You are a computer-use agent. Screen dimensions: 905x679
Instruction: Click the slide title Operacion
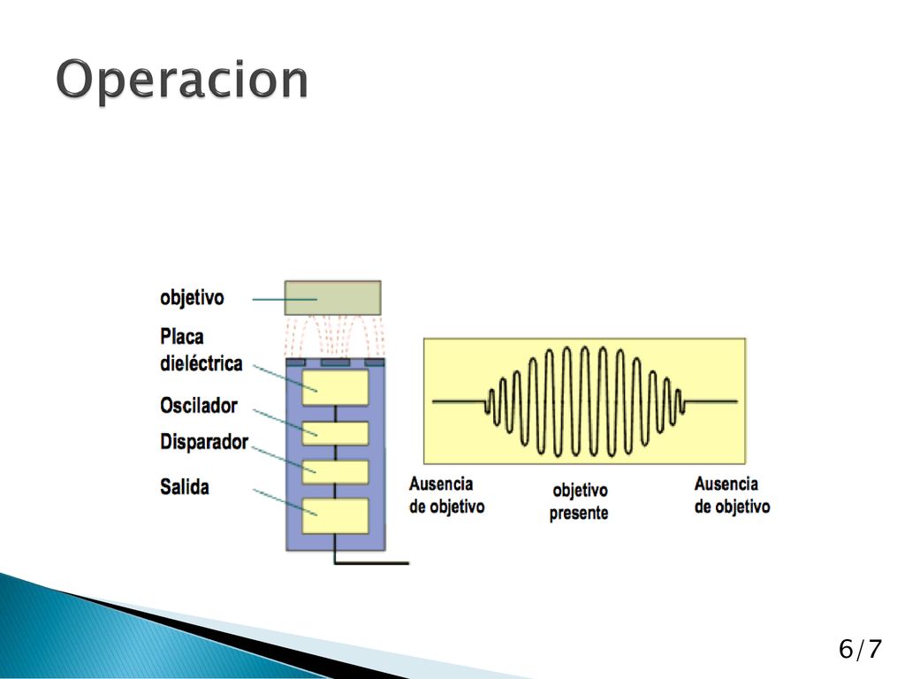(x=182, y=80)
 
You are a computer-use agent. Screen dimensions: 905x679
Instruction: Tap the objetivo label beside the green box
(x=192, y=298)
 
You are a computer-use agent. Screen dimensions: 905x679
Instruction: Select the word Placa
(x=182, y=336)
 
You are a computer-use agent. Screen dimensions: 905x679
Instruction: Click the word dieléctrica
(x=201, y=363)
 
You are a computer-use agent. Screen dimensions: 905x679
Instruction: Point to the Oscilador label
(x=199, y=405)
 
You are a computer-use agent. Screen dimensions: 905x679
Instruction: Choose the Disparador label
(x=204, y=442)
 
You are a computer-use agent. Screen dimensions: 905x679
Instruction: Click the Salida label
(x=184, y=487)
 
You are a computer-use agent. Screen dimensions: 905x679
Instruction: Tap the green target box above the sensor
(x=332, y=298)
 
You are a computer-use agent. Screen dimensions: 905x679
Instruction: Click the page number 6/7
(x=860, y=649)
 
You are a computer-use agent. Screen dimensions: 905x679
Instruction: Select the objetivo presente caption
(x=579, y=501)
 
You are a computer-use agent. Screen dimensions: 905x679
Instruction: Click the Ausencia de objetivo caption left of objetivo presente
(x=446, y=495)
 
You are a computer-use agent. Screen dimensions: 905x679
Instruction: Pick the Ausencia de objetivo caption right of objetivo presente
(x=732, y=495)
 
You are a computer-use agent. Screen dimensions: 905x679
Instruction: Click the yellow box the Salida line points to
(x=335, y=515)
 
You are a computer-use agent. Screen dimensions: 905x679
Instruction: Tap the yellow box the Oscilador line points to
(x=335, y=433)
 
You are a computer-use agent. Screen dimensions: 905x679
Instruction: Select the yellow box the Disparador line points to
(x=335, y=472)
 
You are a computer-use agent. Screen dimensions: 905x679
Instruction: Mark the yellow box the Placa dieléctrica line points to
(x=335, y=387)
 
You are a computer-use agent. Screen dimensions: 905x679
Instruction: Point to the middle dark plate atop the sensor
(x=335, y=362)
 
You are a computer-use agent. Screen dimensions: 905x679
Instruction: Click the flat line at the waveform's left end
(x=459, y=401)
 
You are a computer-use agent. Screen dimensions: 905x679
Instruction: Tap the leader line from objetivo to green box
(x=285, y=299)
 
